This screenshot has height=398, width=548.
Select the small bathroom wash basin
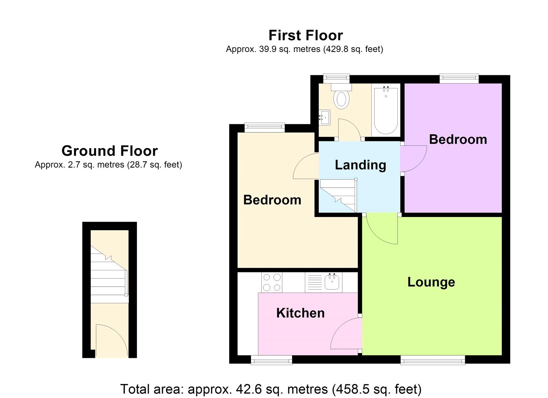[324, 117]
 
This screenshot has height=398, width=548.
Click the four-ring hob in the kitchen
[272, 282]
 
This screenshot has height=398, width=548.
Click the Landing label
[360, 165]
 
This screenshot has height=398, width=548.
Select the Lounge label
[431, 282]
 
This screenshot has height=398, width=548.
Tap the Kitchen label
[300, 313]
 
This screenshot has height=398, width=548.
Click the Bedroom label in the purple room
[458, 139]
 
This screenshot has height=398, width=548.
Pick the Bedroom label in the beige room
[272, 200]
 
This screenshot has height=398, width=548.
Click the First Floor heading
[306, 35]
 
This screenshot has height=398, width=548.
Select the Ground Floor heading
[110, 151]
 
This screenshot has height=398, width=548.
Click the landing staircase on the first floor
[338, 195]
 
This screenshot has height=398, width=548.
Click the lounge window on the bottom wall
[433, 360]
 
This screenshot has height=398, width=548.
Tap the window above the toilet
[336, 78]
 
